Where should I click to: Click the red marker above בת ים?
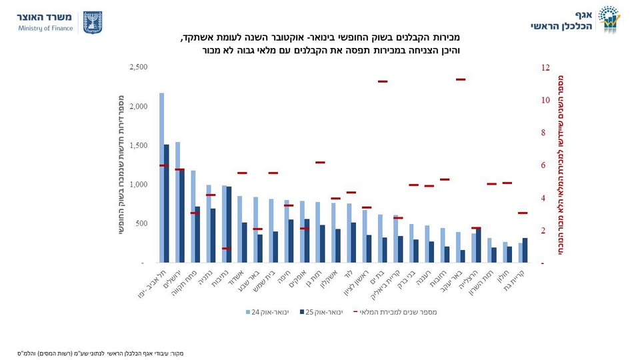(x=383, y=81)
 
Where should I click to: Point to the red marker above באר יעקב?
(x=461, y=79)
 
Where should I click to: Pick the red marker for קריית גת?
(x=523, y=213)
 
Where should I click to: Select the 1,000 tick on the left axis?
(x=139, y=185)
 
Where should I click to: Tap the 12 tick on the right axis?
(x=546, y=67)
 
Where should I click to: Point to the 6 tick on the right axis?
(x=543, y=165)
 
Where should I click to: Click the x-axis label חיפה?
(x=286, y=277)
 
